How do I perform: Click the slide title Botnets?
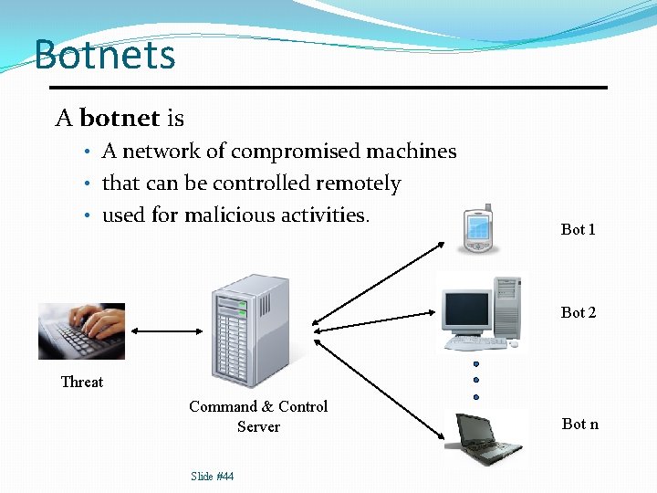(104, 55)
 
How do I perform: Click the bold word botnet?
(120, 119)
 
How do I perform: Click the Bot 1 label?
(578, 229)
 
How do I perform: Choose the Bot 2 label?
(579, 312)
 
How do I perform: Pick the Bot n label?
(580, 423)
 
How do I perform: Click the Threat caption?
(82, 382)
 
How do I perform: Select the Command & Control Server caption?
(258, 416)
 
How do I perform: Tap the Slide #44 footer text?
(212, 476)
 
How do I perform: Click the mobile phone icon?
(478, 228)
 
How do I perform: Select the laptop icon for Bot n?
(485, 438)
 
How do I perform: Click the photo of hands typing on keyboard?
(81, 330)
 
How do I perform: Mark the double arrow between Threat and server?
(169, 331)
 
